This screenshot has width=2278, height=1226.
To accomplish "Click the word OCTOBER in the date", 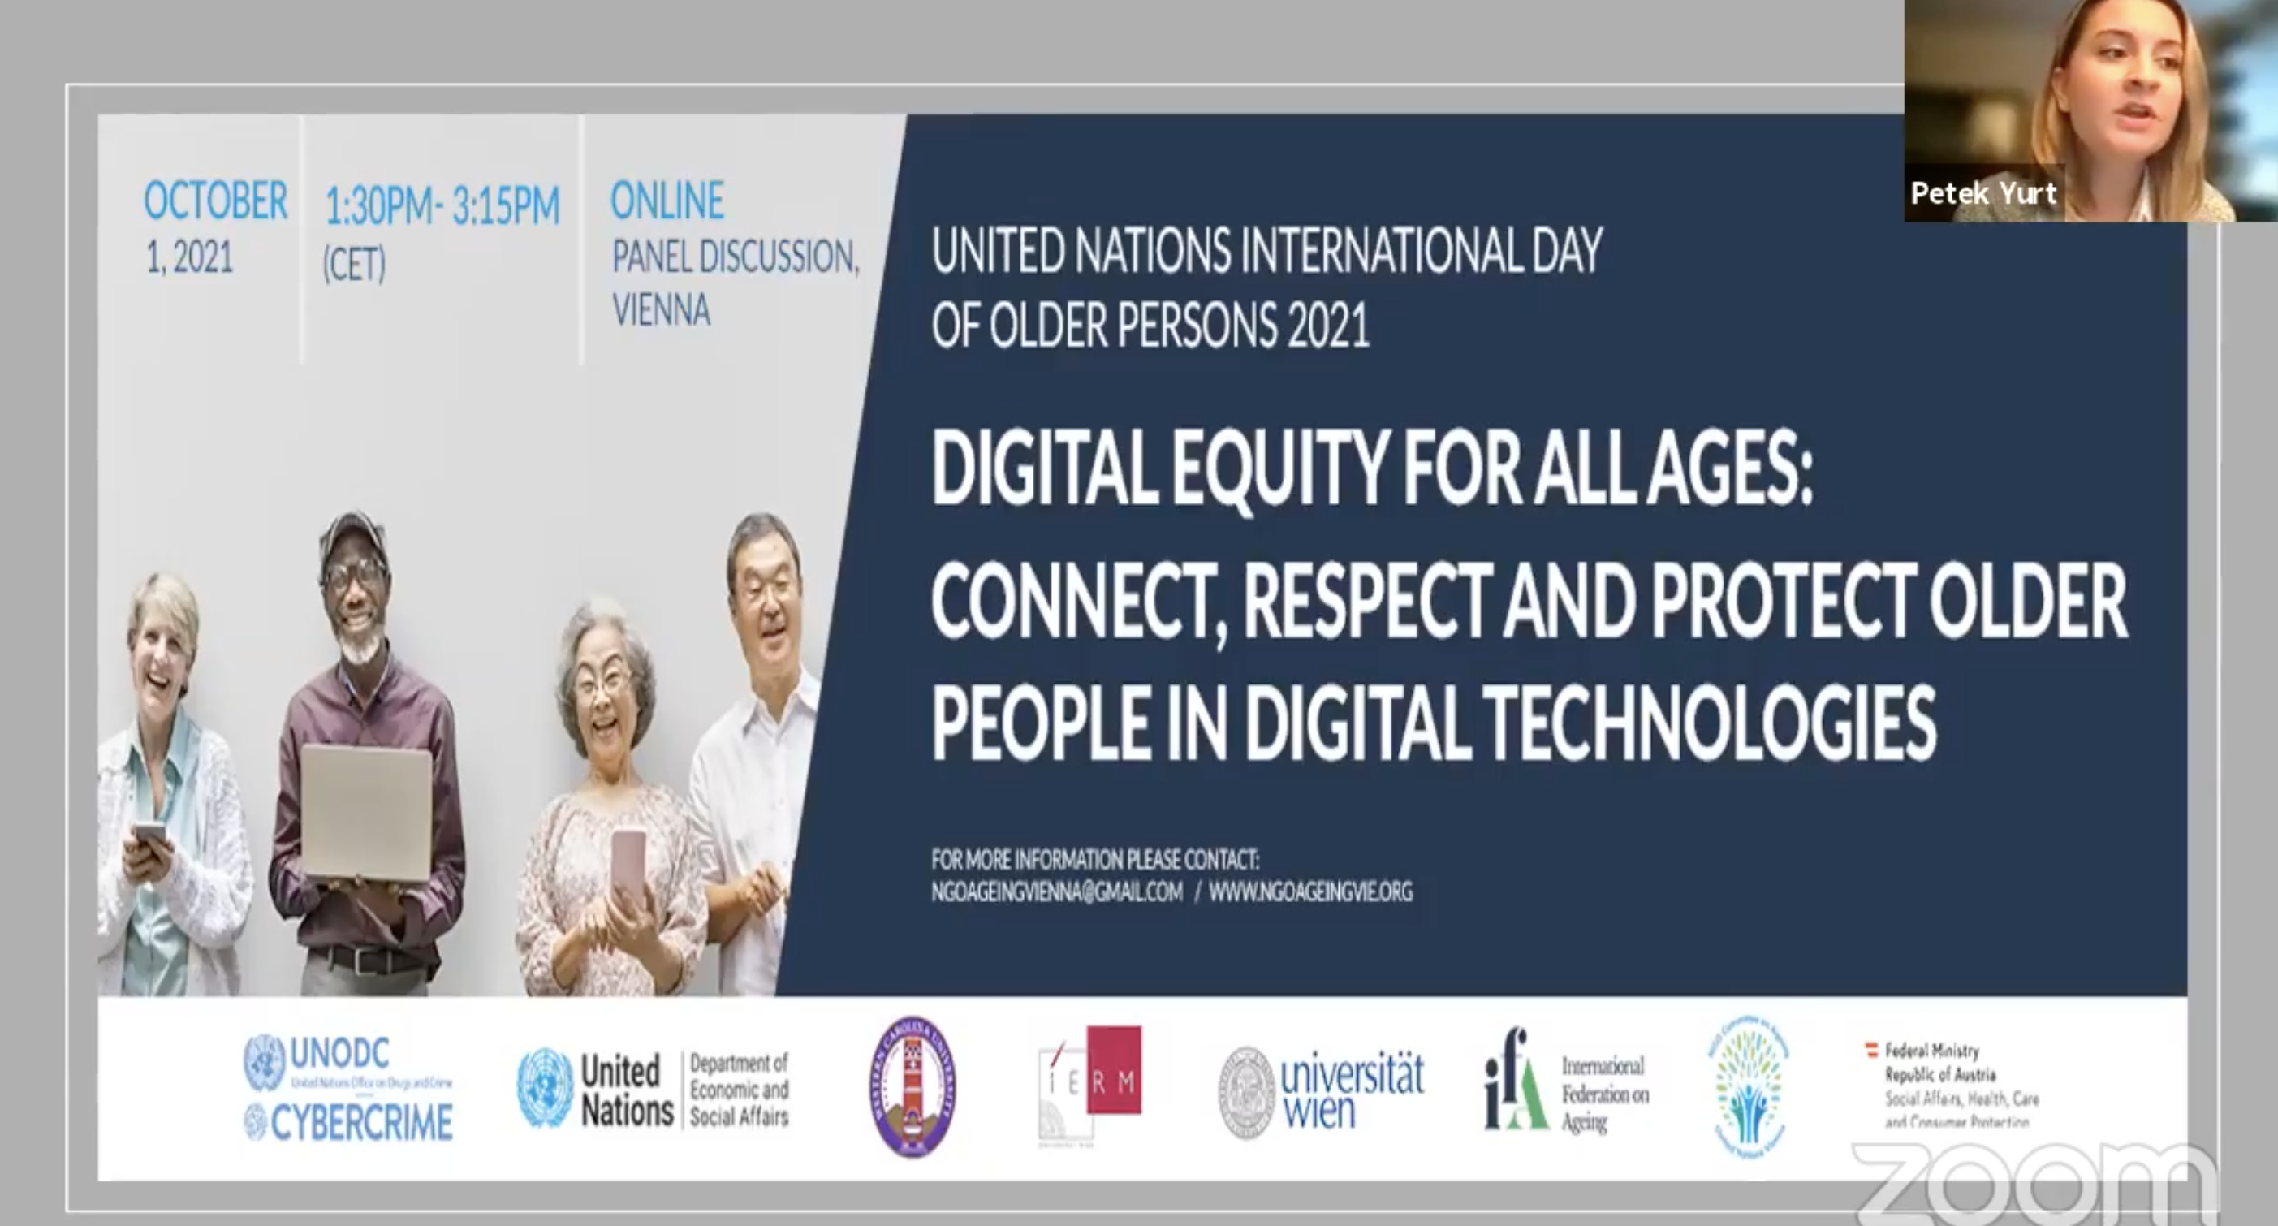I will (x=215, y=201).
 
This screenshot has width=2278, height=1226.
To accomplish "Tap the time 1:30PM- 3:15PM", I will (x=442, y=206).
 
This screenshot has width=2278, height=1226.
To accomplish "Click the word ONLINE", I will (x=667, y=201).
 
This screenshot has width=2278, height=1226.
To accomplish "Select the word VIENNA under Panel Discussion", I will (x=661, y=309).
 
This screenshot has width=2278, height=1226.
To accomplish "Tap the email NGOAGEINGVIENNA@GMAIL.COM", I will (x=1056, y=892).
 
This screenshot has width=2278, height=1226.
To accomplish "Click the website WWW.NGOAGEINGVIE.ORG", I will (x=1309, y=892).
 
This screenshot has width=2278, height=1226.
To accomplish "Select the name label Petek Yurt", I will (x=1983, y=193).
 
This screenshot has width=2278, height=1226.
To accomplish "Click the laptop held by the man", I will (x=367, y=814).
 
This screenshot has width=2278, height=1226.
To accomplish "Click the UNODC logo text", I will (x=339, y=1054).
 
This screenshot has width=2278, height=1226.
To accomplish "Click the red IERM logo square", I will (x=1113, y=1069).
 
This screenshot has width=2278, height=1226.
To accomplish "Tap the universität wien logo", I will (x=1321, y=1091).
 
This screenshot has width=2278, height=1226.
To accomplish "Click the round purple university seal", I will (x=912, y=1086).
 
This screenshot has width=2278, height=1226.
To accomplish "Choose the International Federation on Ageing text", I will (x=1604, y=1094).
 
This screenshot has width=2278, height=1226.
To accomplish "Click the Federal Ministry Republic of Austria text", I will (x=1960, y=1086).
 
